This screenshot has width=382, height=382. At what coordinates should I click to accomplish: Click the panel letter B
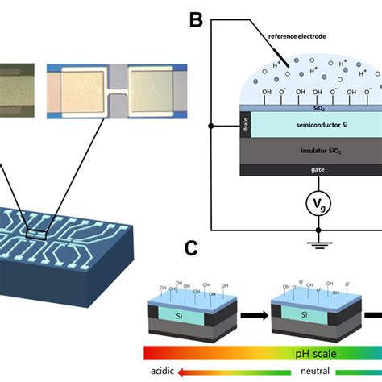(196, 19)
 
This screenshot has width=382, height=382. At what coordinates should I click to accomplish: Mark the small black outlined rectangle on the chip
(38, 234)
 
